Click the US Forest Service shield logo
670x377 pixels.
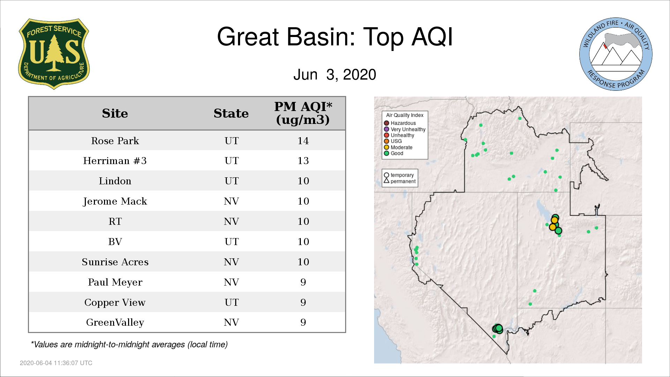coord(54,54)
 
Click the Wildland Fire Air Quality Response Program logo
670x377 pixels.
coord(616,54)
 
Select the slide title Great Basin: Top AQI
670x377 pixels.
coord(335,37)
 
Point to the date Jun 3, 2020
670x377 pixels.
coord(335,74)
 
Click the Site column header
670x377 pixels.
coord(115,113)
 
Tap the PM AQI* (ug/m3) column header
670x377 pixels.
coord(303,113)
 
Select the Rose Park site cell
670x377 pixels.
coord(115,141)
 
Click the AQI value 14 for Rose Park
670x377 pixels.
coord(303,141)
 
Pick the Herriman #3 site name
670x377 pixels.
coord(115,161)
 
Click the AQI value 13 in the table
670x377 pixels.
coord(303,161)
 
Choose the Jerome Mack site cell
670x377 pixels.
coord(115,201)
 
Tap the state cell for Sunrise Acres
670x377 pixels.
coord(231,262)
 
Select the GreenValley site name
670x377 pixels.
coord(115,323)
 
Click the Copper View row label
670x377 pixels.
coord(115,303)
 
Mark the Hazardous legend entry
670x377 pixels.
coord(400,123)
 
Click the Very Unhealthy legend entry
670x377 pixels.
coord(405,129)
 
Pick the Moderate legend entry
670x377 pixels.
coord(398,147)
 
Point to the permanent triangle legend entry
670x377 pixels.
coord(400,181)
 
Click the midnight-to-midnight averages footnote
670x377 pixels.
coord(129,345)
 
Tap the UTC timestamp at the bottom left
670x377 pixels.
coord(56,363)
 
